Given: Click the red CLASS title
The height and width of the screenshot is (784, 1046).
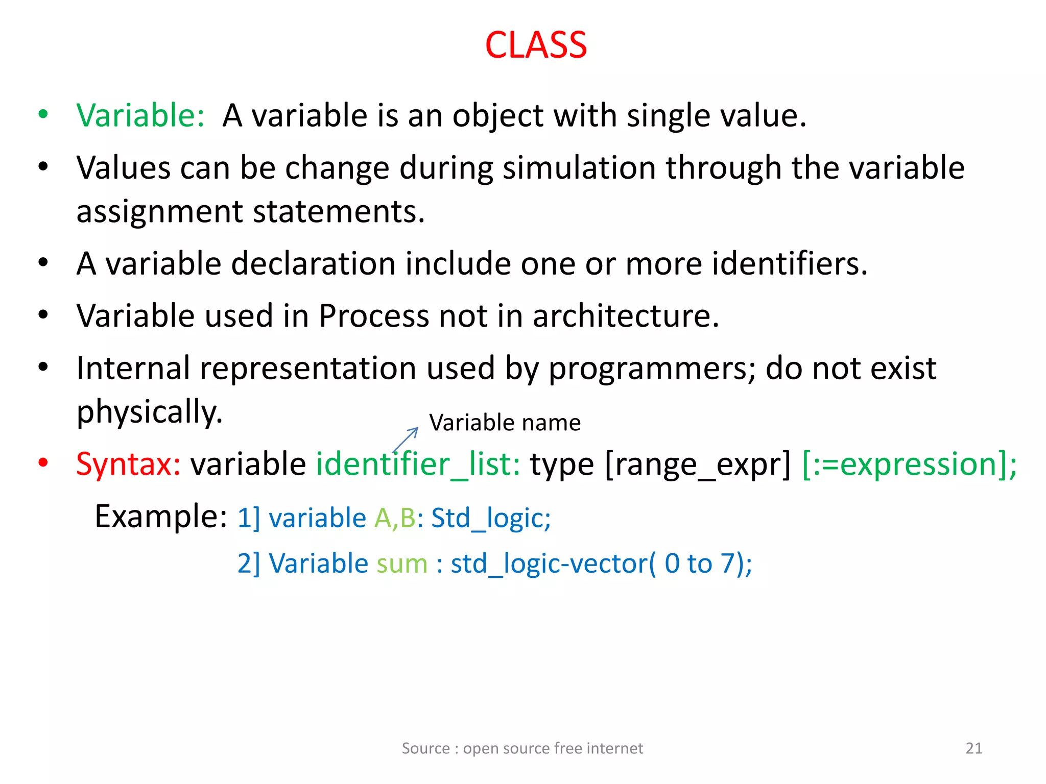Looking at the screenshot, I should (535, 45).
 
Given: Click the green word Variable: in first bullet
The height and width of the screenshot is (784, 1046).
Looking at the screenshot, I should (140, 115).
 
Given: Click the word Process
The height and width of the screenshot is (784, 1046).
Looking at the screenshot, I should (373, 316).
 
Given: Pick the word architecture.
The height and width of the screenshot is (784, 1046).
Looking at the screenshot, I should (626, 316).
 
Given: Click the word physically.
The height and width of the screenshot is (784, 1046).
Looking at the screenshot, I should (150, 412).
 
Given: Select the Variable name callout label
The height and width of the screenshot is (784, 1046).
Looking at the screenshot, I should (505, 423).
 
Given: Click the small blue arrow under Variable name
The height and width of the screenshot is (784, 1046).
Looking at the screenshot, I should (406, 439).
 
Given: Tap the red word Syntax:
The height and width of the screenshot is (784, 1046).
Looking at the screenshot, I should (128, 464).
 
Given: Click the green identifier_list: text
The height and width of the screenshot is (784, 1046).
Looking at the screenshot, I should (418, 464).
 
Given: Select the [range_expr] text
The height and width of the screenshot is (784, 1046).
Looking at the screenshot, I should (697, 464).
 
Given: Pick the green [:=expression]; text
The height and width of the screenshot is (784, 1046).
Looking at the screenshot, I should (909, 464).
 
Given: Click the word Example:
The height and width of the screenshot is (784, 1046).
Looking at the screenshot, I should (161, 517).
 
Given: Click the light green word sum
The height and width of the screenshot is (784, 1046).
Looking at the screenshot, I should (402, 564).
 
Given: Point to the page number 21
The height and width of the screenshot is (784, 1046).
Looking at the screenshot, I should (973, 748).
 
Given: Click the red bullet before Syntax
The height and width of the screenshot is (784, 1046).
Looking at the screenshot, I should (43, 463).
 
